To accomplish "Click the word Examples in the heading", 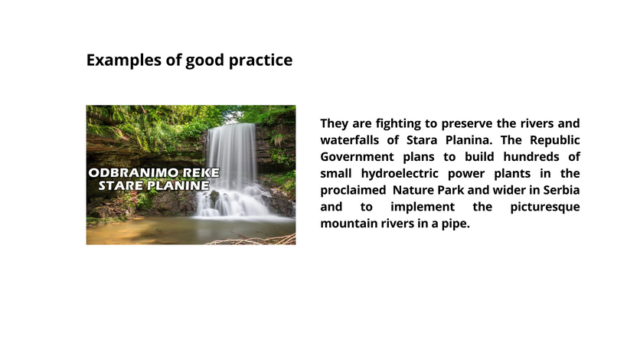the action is (124, 61).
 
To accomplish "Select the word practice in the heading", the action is (260, 61).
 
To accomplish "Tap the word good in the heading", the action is (205, 61).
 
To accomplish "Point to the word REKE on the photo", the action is (200, 172).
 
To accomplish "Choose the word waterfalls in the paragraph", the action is (349, 140).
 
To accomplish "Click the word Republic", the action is (555, 140).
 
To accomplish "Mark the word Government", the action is (357, 157).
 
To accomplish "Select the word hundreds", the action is (531, 157).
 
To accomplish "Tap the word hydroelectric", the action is (400, 173).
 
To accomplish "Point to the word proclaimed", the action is (353, 190).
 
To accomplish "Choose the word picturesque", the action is (545, 207).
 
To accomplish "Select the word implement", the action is (423, 207).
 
